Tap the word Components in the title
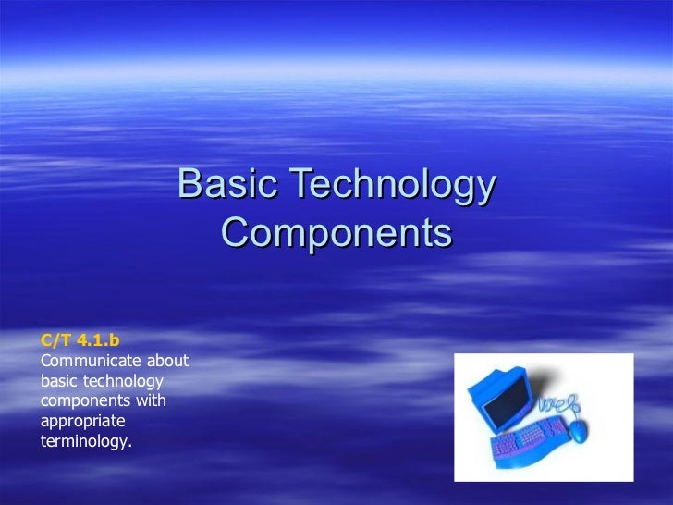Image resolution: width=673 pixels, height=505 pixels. pyautogui.click(x=336, y=233)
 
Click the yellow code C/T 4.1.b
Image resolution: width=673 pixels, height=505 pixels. pyautogui.click(x=80, y=340)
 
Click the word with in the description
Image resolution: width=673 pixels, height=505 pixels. pyautogui.click(x=149, y=401)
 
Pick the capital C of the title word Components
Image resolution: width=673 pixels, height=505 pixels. pyautogui.click(x=235, y=232)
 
